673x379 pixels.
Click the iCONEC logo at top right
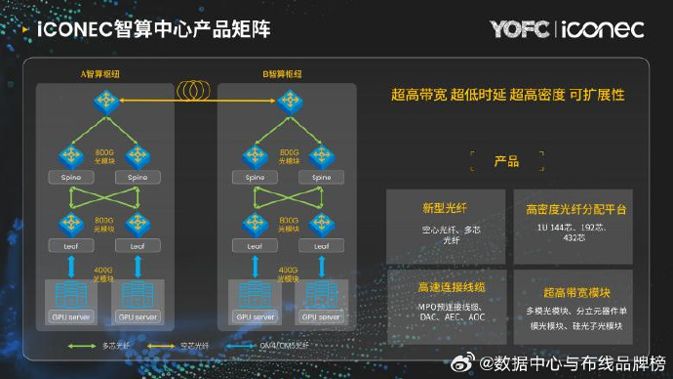click(x=604, y=29)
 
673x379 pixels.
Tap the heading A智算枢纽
click(x=105, y=74)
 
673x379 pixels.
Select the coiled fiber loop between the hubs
click(x=196, y=89)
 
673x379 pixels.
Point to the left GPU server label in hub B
click(x=256, y=316)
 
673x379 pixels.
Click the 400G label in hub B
click(x=289, y=269)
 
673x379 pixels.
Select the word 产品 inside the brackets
click(x=506, y=161)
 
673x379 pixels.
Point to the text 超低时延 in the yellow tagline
click(x=476, y=96)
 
